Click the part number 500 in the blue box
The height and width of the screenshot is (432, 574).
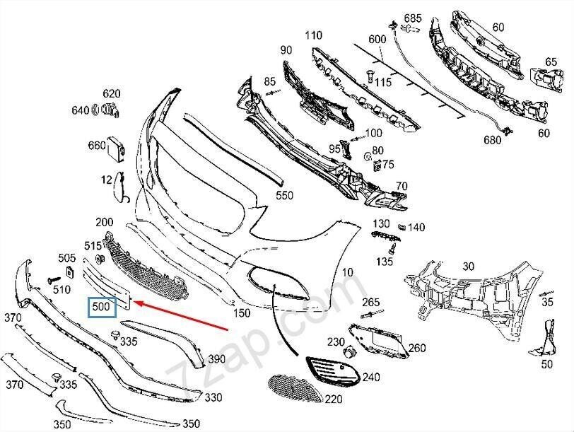[101, 308]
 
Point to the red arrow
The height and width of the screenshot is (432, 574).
[184, 317]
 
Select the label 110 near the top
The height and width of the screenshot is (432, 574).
[312, 35]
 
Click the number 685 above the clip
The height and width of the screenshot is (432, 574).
[412, 17]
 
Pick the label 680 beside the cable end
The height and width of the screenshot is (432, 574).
[492, 140]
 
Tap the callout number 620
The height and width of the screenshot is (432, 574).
[112, 93]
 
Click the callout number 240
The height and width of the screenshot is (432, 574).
[351, 378]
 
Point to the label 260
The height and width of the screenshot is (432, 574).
[417, 348]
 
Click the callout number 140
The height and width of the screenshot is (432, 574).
[416, 227]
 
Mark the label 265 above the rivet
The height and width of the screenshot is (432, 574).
[371, 303]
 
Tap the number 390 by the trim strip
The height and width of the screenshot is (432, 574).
[216, 359]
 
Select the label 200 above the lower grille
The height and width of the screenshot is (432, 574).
[105, 221]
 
